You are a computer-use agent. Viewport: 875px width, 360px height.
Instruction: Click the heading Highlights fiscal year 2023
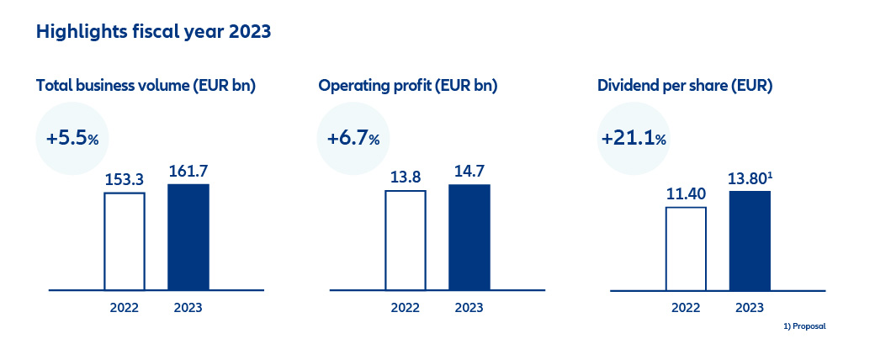click(x=153, y=32)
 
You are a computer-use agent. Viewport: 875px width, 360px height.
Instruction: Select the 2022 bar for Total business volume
click(x=125, y=241)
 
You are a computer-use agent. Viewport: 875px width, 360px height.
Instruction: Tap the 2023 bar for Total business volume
click(x=188, y=237)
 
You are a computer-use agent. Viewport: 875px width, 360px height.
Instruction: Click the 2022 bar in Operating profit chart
click(x=406, y=240)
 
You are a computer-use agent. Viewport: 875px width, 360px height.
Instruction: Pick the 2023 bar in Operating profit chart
click(x=469, y=237)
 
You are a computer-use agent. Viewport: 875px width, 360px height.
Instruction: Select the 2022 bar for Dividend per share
click(x=686, y=248)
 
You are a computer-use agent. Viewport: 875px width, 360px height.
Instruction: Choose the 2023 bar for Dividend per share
click(x=750, y=241)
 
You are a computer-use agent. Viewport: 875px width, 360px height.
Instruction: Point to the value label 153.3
click(x=125, y=179)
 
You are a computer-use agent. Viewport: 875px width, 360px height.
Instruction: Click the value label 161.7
click(x=188, y=171)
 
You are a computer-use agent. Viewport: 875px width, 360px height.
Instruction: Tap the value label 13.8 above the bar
click(x=406, y=177)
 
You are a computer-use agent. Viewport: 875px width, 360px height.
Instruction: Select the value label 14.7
click(x=469, y=171)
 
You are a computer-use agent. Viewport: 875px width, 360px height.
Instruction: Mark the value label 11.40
click(x=686, y=193)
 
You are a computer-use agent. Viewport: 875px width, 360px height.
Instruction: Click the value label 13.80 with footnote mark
click(x=750, y=178)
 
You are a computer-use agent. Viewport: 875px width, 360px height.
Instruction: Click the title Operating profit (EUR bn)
click(x=407, y=86)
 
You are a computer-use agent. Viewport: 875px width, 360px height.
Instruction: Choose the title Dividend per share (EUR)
click(x=685, y=86)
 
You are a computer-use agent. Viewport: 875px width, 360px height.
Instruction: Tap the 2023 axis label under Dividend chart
click(x=750, y=308)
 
